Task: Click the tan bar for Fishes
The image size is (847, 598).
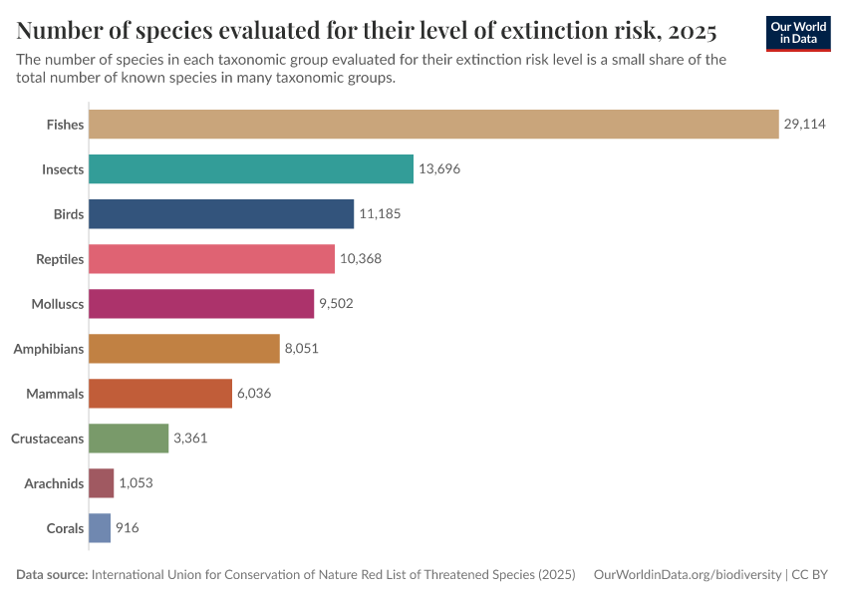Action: [x=433, y=124]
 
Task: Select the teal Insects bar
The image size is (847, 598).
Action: [x=251, y=168]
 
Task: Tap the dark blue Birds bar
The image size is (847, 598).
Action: [x=221, y=213]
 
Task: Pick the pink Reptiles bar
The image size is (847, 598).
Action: [x=211, y=258]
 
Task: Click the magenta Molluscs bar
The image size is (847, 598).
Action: [x=201, y=303]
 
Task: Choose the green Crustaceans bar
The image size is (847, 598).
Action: [x=129, y=438]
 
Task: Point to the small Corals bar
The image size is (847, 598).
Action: [x=100, y=527]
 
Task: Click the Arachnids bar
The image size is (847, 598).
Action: [x=102, y=482]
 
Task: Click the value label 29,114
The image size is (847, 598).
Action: [x=804, y=125]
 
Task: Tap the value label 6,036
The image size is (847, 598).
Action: [x=254, y=394]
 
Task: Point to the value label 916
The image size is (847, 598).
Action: [x=128, y=528]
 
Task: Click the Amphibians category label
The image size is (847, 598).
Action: [x=48, y=349]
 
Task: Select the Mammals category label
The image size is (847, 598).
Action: [x=55, y=394]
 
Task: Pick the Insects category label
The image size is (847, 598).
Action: [x=63, y=169]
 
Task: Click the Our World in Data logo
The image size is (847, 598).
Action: [x=798, y=32]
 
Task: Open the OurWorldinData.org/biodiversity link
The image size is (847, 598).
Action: [x=687, y=575]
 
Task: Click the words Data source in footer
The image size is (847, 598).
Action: [x=52, y=575]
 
